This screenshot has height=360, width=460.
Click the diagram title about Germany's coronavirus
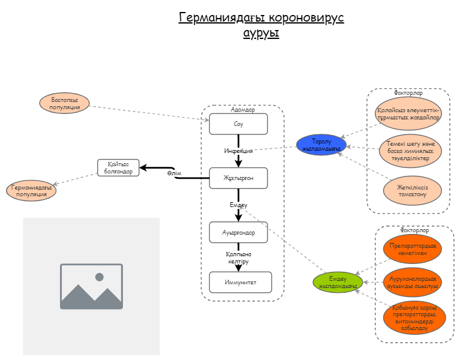point(261,25)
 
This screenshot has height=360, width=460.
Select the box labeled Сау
point(238,124)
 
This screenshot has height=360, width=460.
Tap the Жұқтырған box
point(238,178)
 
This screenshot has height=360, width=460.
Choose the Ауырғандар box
point(238,232)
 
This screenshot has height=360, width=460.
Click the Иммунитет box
point(240,282)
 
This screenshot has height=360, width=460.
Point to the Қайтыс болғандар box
point(118,168)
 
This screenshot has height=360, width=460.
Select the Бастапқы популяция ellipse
point(64,103)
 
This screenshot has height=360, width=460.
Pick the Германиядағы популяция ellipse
point(32,191)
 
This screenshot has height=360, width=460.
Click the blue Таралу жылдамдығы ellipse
point(321,145)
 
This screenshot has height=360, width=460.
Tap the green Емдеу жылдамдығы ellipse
point(338,282)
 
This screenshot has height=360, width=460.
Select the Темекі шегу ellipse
point(411,151)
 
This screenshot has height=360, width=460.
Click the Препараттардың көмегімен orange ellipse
point(411,250)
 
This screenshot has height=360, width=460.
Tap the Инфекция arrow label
point(238,151)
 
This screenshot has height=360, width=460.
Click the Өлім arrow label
point(174,173)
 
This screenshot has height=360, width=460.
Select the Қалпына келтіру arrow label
point(237,258)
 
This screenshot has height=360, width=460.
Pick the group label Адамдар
point(242,110)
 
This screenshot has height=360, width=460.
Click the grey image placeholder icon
point(91,286)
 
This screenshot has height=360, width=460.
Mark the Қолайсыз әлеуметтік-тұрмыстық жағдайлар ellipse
point(408,114)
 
